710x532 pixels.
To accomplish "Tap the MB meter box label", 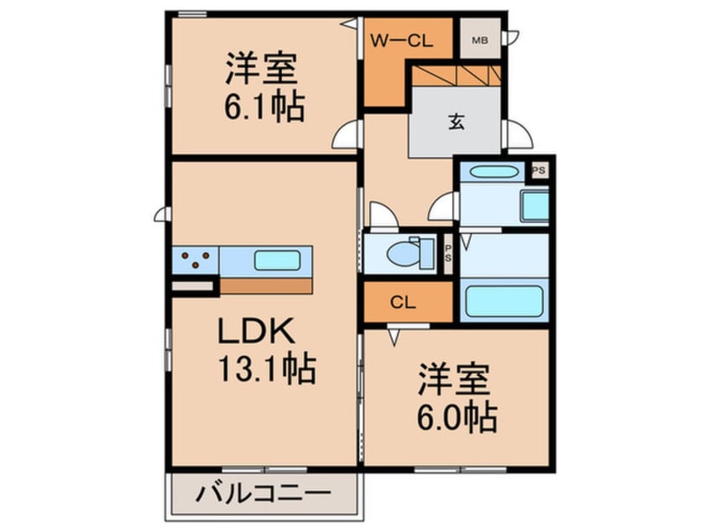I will pyautogui.click(x=479, y=39).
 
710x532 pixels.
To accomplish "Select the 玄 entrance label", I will pyautogui.click(x=456, y=122).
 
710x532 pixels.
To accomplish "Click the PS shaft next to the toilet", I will pyautogui.click(x=448, y=253).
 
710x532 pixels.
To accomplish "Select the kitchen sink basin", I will pyautogui.click(x=279, y=259).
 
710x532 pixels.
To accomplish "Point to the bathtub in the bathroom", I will pyautogui.click(x=503, y=300).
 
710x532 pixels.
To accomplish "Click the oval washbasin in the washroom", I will pyautogui.click(x=494, y=173).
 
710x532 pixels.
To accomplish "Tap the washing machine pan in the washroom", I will pyautogui.click(x=534, y=206).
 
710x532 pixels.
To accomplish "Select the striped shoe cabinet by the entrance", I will pyautogui.click(x=456, y=77).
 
